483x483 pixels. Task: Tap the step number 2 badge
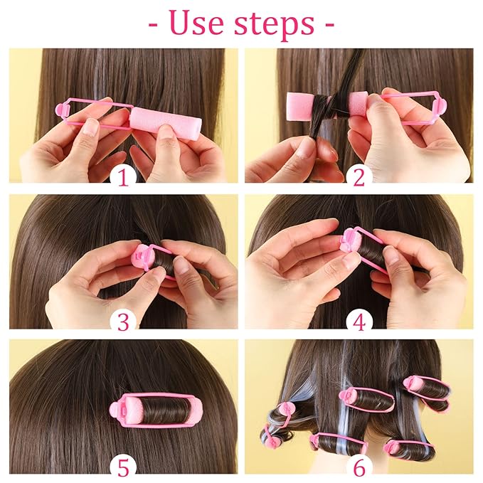click(359, 176)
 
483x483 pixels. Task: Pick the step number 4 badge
click(359, 322)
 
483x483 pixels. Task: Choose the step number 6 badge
click(359, 467)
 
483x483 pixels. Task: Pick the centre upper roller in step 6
click(366, 399)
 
